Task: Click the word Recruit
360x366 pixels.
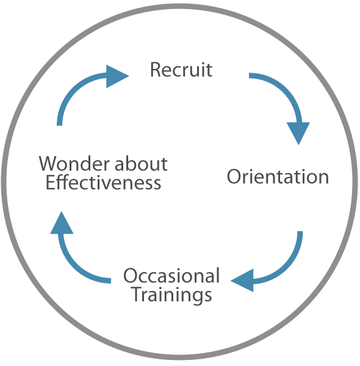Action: tap(181, 70)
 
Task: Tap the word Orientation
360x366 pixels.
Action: tap(278, 178)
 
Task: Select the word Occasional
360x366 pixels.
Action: tap(171, 276)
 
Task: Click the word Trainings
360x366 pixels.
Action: tap(171, 295)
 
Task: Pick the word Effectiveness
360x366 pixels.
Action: tap(103, 182)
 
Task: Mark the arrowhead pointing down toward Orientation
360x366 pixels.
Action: tap(298, 132)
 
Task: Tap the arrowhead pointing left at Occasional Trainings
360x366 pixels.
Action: tap(243, 281)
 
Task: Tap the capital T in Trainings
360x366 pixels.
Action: tap(137, 295)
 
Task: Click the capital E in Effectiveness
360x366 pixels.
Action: tap(49, 182)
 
